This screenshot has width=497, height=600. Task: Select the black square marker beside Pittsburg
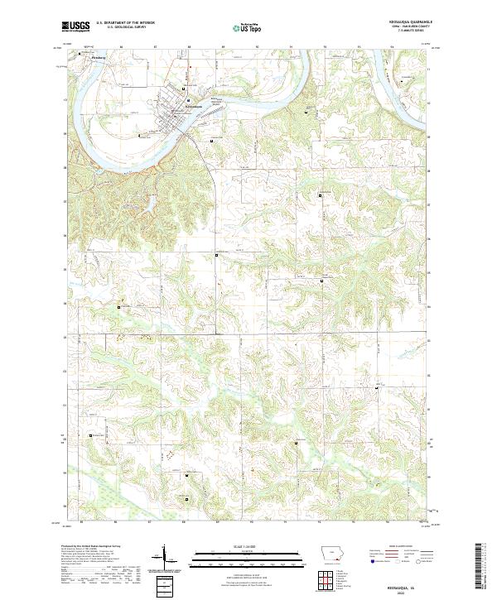coord(80,55)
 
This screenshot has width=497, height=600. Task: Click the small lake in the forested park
coord(153,199)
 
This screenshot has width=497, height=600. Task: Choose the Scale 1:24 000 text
coord(246,545)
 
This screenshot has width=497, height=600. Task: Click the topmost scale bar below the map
coord(246,550)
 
